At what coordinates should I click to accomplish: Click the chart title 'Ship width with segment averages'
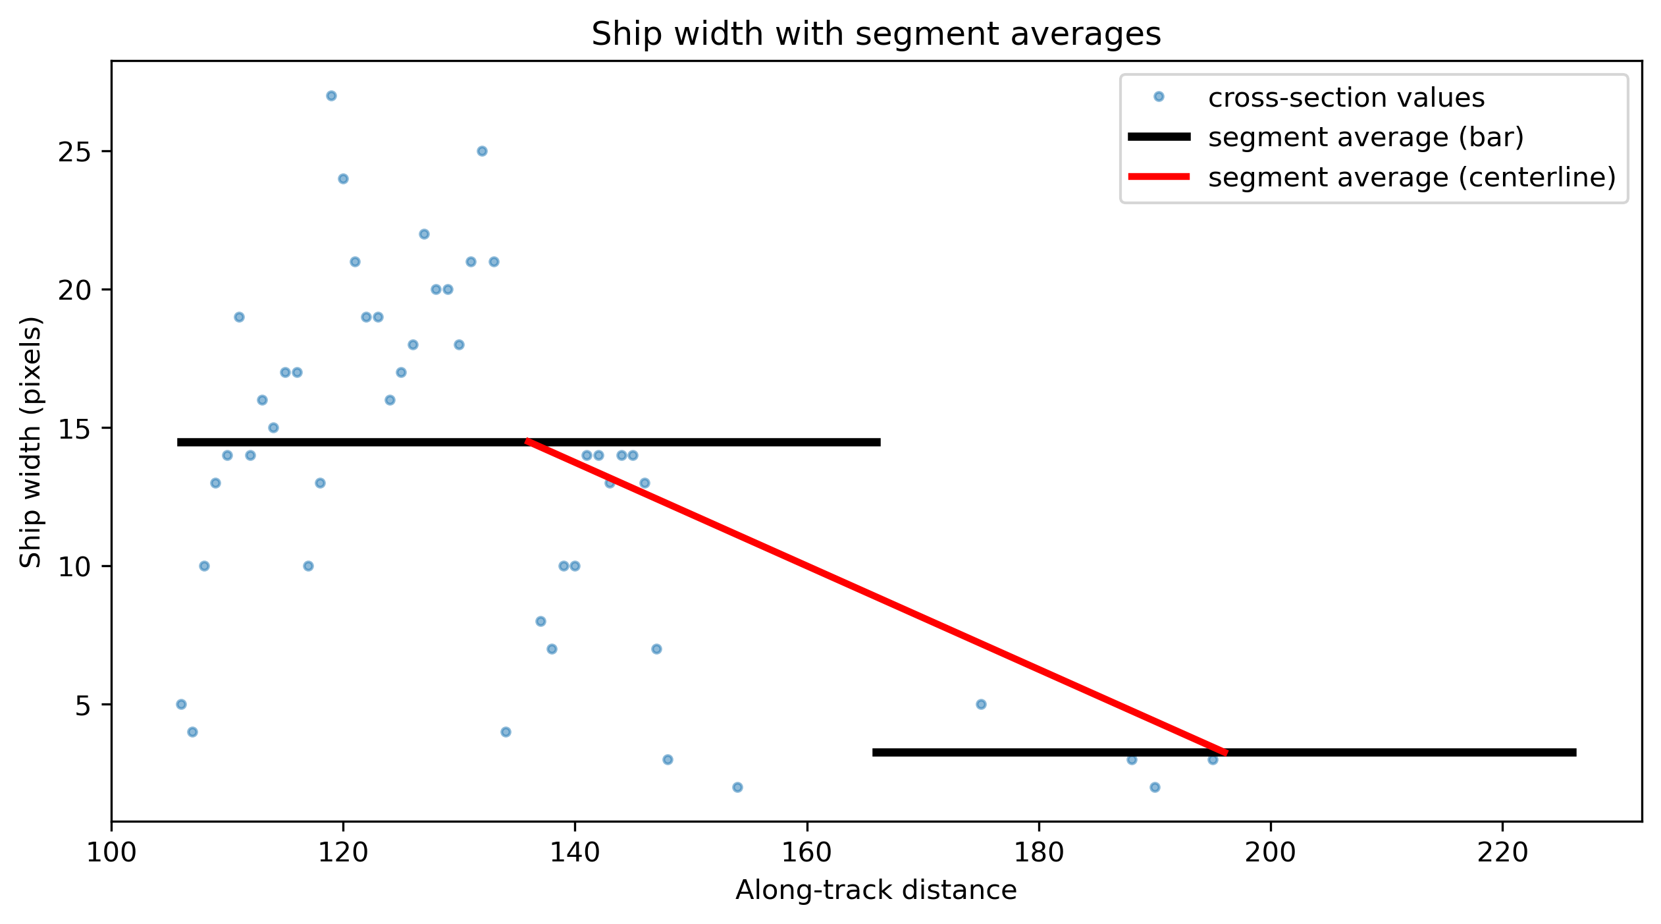(876, 34)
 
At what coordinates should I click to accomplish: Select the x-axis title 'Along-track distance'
(876, 890)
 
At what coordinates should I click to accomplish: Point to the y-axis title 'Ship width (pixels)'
(31, 441)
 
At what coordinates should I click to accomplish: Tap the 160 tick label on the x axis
(807, 853)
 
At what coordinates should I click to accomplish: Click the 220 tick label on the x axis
(1502, 853)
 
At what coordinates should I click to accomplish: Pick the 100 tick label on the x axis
(111, 853)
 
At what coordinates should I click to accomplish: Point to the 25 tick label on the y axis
(74, 151)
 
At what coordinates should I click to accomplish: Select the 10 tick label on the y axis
(74, 566)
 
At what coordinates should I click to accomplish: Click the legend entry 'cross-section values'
(1346, 97)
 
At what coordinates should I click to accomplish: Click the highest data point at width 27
(331, 95)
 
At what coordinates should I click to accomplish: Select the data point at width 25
(482, 151)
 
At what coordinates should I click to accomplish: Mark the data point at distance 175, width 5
(981, 704)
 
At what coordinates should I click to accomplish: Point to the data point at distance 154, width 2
(737, 787)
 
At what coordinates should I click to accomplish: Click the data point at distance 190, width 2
(1155, 787)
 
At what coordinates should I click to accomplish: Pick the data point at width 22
(424, 234)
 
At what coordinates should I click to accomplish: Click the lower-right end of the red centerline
(1226, 752)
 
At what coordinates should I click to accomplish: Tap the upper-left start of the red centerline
(527, 441)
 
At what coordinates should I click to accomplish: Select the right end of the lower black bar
(1576, 752)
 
